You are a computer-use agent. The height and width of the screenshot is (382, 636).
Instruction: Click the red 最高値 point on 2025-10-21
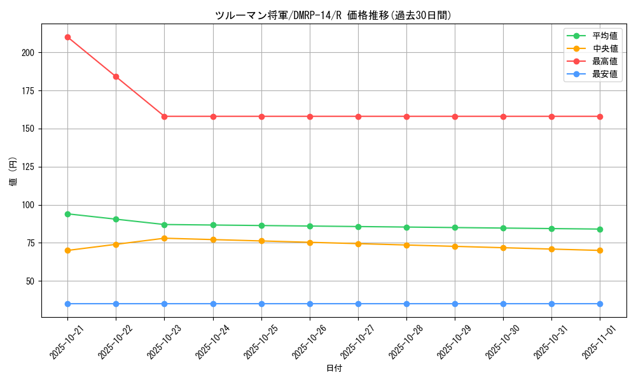67,37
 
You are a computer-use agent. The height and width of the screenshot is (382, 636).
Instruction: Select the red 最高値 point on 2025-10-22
116,76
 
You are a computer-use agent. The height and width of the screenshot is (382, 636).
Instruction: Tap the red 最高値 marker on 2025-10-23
164,117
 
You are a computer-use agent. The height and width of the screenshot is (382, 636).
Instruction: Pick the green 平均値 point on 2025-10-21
67,214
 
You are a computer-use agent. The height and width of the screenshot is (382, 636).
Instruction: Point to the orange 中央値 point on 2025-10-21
67,250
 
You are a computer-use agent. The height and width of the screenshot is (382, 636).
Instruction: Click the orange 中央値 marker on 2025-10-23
164,238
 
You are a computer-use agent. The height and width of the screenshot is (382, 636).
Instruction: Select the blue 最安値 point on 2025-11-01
600,304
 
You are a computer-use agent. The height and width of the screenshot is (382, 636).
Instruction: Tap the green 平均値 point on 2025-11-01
600,229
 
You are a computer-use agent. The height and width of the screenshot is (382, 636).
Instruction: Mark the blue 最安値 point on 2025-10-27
358,304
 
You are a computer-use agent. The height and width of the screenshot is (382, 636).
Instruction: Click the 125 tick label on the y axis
30,167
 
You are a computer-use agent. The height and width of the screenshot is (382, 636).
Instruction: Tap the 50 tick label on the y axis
32,281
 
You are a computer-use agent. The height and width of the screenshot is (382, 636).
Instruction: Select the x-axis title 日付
333,369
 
